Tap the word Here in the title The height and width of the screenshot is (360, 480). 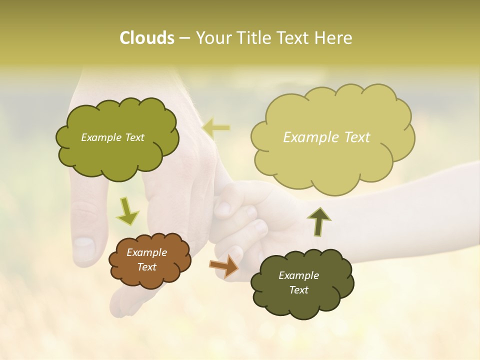333,38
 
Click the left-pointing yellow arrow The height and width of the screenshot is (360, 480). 216,128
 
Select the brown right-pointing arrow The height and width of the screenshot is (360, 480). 223,266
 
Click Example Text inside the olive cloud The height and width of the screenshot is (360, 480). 112,137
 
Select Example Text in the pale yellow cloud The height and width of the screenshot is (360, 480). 326,137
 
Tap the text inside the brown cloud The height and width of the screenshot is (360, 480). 146,259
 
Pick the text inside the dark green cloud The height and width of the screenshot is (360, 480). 298,282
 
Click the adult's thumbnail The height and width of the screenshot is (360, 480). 83,248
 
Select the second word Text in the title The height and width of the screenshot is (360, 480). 295,38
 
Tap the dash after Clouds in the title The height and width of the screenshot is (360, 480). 183,38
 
